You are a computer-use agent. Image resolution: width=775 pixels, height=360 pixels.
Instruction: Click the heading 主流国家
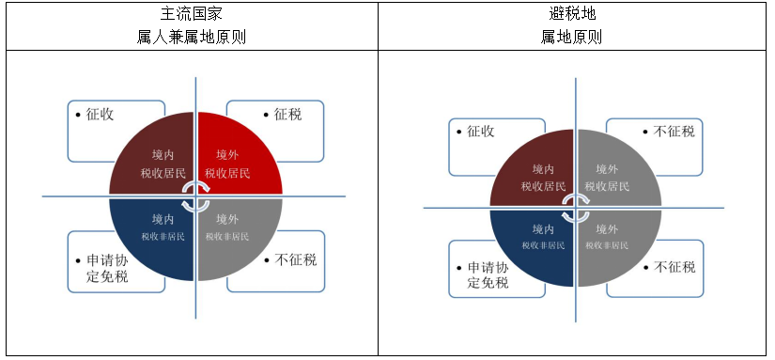(192, 13)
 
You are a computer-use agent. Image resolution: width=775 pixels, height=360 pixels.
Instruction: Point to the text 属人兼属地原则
(192, 37)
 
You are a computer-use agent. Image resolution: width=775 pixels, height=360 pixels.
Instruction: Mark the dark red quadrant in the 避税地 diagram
(535, 174)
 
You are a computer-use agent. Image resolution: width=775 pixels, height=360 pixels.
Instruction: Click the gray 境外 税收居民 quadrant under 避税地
(614, 174)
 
